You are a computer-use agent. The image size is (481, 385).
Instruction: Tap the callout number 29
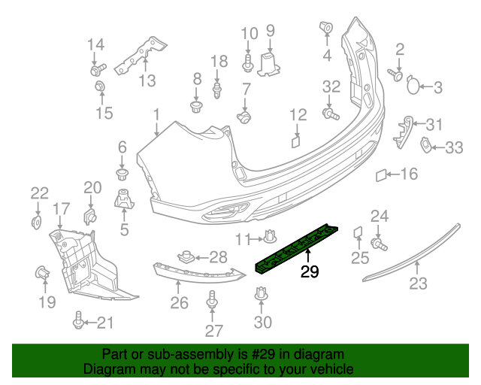click(310, 271)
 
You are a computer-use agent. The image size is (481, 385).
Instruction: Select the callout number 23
click(418, 283)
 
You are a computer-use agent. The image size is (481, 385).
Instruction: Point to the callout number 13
click(145, 80)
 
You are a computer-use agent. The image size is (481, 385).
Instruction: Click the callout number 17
click(61, 208)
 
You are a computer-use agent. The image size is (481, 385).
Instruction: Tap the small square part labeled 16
click(381, 176)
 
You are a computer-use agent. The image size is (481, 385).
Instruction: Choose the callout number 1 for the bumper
click(156, 115)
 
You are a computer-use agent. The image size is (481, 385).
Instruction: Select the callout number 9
click(271, 31)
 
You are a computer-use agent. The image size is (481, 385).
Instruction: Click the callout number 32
click(331, 86)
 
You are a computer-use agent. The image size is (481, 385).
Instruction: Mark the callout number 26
click(179, 303)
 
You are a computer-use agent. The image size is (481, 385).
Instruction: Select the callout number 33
click(454, 148)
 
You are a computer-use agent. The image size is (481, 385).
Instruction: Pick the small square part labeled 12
click(295, 139)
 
